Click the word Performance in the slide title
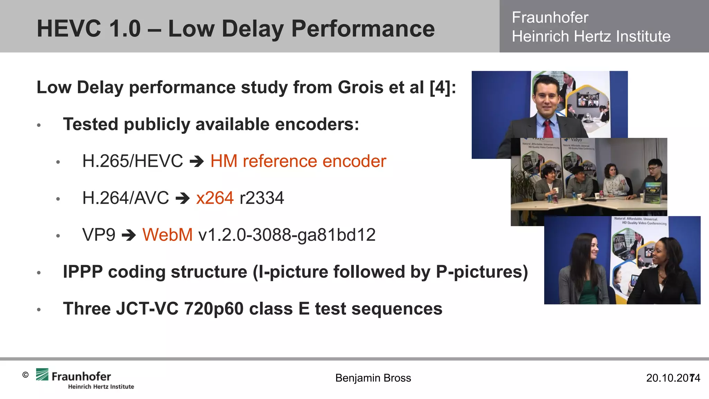point(363,28)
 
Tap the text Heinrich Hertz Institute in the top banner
point(591,36)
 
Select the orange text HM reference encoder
point(298,161)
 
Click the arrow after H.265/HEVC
point(197,161)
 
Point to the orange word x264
point(215,198)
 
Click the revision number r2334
point(262,198)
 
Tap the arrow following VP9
point(129,235)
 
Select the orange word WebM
point(167,235)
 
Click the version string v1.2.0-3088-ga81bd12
point(287,235)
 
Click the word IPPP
point(83,272)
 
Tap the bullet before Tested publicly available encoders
point(39,125)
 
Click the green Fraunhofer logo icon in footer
point(42,374)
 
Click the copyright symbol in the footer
point(25,375)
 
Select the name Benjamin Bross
point(373,378)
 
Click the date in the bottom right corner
point(673,378)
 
